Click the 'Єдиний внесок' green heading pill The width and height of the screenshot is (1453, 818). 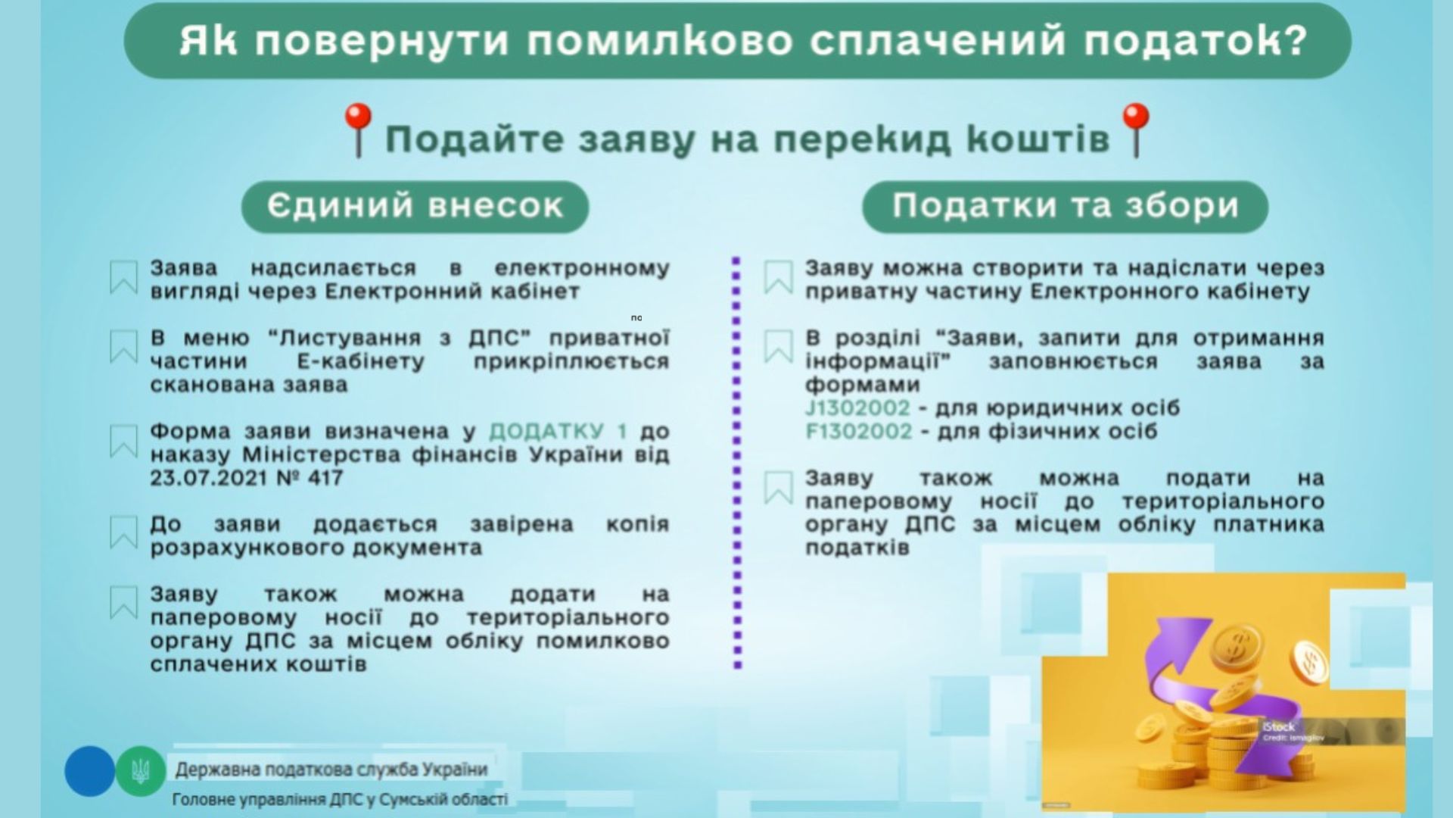click(415, 206)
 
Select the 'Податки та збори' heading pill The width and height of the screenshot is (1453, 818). click(1065, 206)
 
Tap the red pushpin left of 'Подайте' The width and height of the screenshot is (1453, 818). click(358, 130)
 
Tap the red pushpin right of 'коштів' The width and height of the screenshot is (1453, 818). click(1134, 130)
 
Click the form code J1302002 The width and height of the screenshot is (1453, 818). click(857, 408)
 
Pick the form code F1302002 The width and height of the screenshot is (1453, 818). click(858, 432)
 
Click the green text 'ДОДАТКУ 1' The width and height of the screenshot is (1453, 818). click(558, 432)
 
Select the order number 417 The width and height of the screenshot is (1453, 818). click(325, 478)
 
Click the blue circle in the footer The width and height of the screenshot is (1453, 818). click(89, 771)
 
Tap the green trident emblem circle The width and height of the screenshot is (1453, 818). click(141, 771)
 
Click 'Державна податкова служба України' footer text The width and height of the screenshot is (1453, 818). click(331, 770)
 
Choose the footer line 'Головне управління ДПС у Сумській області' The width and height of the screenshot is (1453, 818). click(341, 800)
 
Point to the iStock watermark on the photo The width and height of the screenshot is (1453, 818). click(1279, 727)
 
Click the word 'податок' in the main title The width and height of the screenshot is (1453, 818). click(1196, 41)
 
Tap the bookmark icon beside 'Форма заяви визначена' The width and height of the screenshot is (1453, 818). click(123, 441)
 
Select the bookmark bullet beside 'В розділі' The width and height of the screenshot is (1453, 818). click(778, 347)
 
